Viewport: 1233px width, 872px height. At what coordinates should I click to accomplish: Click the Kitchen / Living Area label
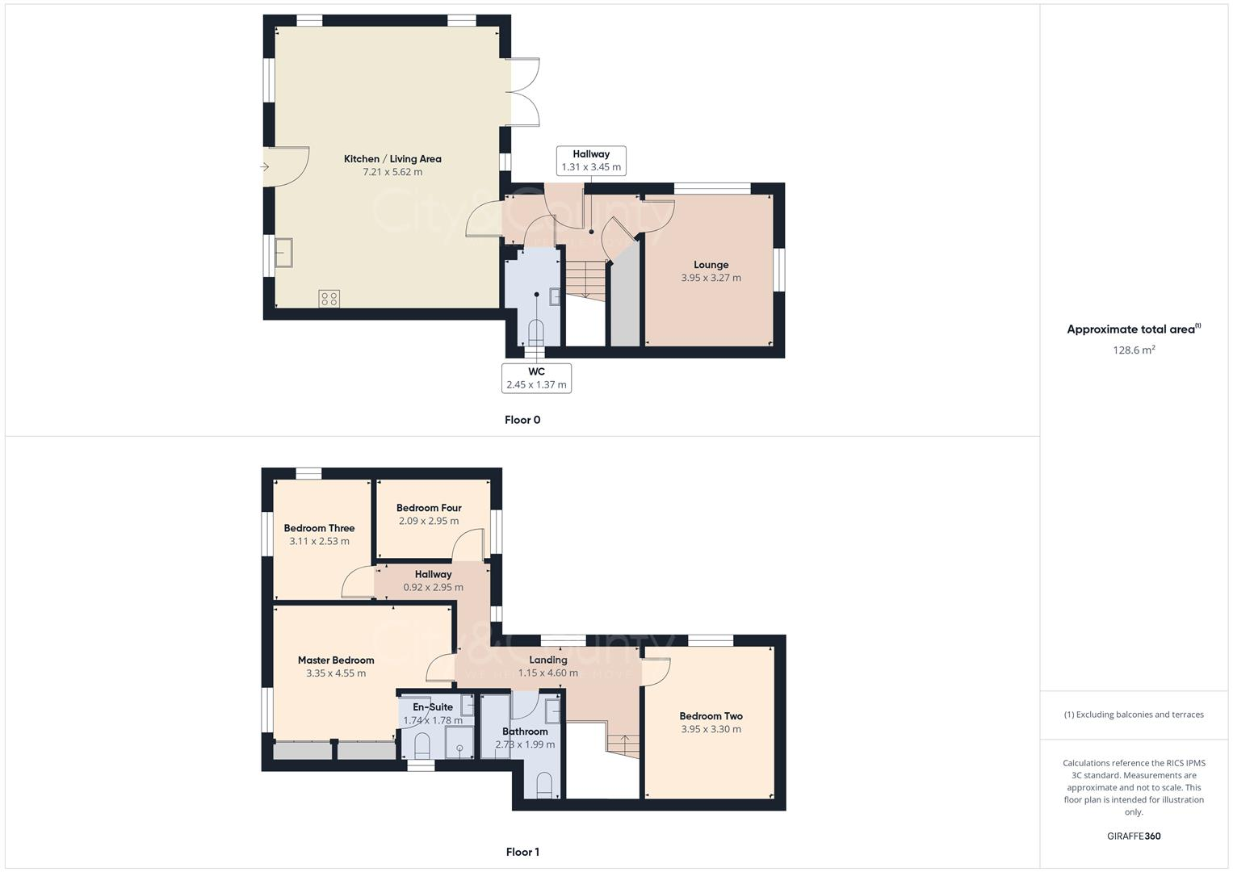(392, 159)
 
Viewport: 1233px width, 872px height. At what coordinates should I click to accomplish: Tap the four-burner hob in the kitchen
(329, 299)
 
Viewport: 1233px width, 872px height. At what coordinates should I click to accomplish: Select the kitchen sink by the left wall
(283, 253)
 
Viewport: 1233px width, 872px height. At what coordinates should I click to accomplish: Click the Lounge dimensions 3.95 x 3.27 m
(711, 278)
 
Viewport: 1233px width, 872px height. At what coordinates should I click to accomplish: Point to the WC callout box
(536, 378)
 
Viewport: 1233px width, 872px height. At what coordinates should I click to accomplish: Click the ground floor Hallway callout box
(591, 161)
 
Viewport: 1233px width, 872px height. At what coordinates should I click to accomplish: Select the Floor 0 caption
(522, 420)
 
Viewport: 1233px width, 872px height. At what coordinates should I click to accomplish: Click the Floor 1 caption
(522, 852)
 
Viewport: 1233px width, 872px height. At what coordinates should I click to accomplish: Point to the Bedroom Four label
(429, 508)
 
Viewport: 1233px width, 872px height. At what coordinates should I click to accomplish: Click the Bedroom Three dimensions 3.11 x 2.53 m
(319, 542)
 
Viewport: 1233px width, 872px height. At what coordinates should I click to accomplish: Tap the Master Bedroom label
(336, 660)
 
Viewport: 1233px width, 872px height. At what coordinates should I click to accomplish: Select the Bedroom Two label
(711, 716)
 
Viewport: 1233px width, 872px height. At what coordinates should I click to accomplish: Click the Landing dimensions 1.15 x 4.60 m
(548, 673)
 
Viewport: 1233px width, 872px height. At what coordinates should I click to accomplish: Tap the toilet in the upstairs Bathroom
(544, 784)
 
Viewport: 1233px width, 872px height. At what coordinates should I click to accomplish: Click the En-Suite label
(433, 707)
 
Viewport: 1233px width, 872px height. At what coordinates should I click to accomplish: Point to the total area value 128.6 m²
(1134, 350)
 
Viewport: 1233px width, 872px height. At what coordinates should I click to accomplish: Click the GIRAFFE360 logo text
(1134, 836)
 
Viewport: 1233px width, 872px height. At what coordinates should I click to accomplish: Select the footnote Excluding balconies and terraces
(1134, 715)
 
